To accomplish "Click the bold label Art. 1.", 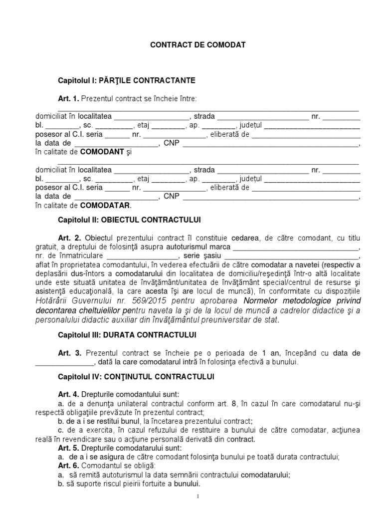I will [69, 98].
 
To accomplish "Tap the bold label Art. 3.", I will [69, 353].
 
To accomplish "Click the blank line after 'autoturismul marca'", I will [296, 247].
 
